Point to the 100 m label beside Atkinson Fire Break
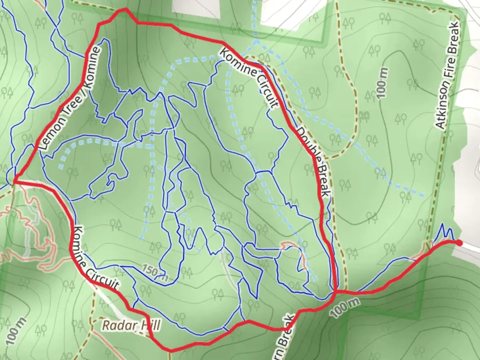pyautogui.click(x=383, y=83)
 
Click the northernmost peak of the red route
pyautogui.click(x=125, y=9)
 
